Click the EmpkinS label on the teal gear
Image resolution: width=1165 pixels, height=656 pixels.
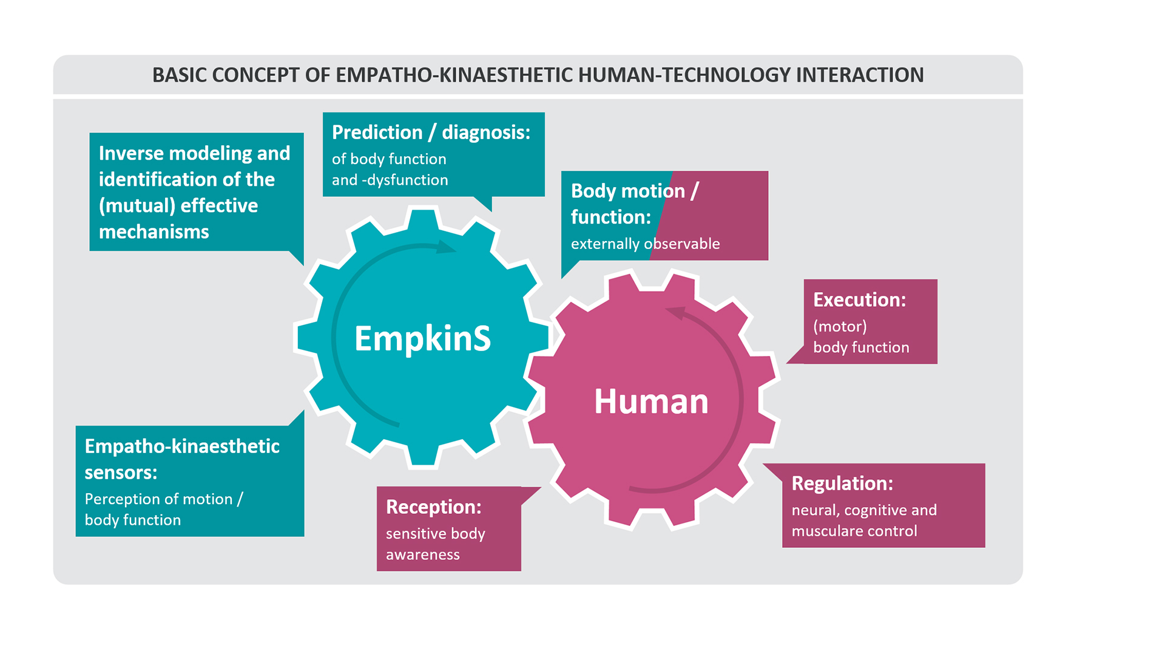coord(422,338)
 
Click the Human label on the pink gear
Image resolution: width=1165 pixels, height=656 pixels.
coord(651,401)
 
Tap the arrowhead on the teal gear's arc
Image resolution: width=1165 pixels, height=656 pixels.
coord(447,247)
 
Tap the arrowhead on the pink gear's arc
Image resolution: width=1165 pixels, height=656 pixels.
coord(675,313)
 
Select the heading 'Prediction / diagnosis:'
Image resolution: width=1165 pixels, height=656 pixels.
coord(431,132)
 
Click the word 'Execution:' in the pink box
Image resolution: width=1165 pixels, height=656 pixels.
coord(859,299)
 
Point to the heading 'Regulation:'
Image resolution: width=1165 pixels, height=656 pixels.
coord(842,483)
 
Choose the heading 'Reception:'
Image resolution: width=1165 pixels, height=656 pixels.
coord(433,507)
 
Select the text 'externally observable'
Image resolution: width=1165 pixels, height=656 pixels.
coord(645,244)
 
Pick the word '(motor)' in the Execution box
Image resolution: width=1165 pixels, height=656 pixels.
coord(840,326)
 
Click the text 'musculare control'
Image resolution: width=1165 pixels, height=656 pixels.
coord(854,531)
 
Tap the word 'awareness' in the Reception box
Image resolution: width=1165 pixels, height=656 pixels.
coord(422,555)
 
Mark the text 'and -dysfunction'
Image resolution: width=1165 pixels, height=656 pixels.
coord(390,180)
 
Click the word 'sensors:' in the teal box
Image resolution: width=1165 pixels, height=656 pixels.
coord(121,473)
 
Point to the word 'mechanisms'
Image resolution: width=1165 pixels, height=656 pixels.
coord(154,231)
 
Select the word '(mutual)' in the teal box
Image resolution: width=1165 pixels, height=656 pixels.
coord(137,206)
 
